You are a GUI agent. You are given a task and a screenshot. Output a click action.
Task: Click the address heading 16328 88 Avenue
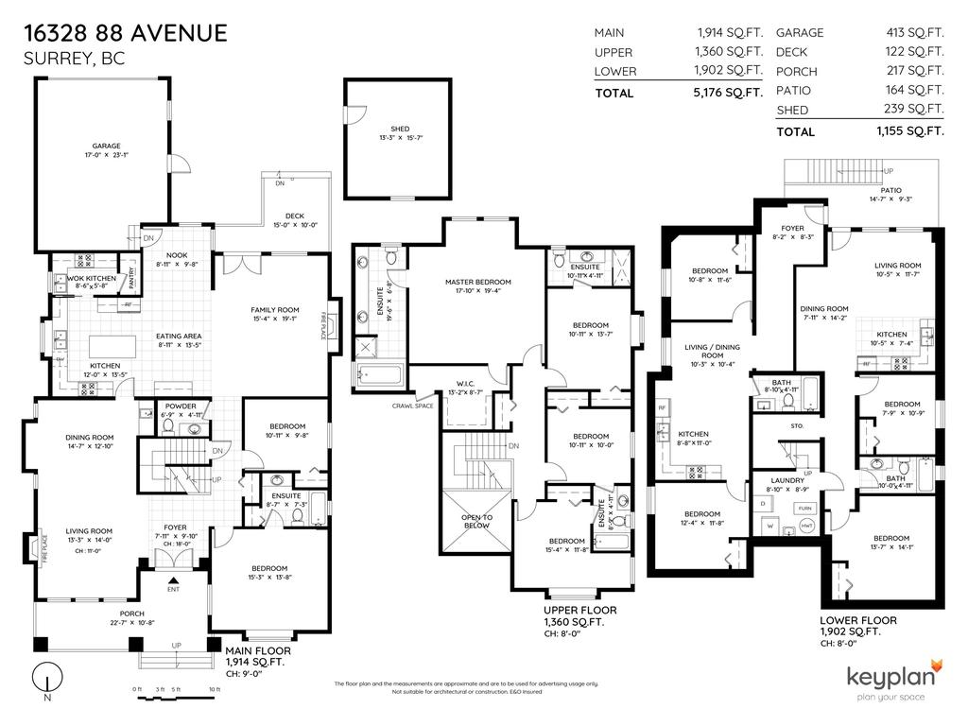(126, 34)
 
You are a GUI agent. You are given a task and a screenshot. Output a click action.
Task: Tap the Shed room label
(400, 130)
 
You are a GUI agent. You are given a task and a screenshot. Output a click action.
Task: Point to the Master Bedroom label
(478, 282)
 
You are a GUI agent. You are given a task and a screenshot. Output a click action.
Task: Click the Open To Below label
(476, 521)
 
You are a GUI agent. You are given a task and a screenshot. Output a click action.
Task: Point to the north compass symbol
(46, 681)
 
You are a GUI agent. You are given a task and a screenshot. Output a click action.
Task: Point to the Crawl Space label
(412, 406)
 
